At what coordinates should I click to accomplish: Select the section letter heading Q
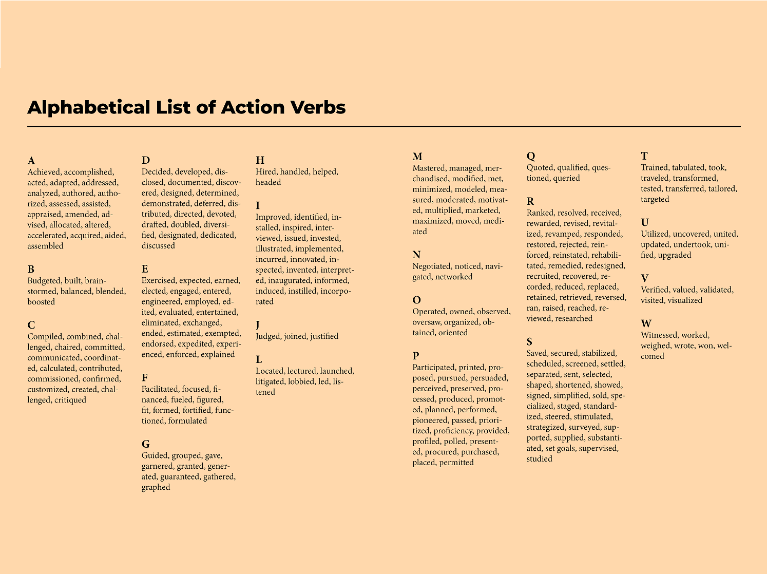[x=531, y=156]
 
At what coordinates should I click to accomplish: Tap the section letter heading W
[x=646, y=324]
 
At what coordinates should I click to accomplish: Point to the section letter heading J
[x=258, y=325]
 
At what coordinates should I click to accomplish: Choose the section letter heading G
[x=146, y=444]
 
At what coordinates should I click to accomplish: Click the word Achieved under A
[x=44, y=172]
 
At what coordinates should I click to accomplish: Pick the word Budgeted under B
[x=44, y=280]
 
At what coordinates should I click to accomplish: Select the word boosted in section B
[x=41, y=302]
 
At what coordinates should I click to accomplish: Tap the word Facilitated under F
[x=161, y=389]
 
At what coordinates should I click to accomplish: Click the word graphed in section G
[x=156, y=487]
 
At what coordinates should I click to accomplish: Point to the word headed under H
[x=268, y=182]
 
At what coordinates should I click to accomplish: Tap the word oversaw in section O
[x=426, y=322]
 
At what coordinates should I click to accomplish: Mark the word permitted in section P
[x=456, y=463]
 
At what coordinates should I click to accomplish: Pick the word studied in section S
[x=539, y=459]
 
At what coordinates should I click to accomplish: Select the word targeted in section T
[x=655, y=199]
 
